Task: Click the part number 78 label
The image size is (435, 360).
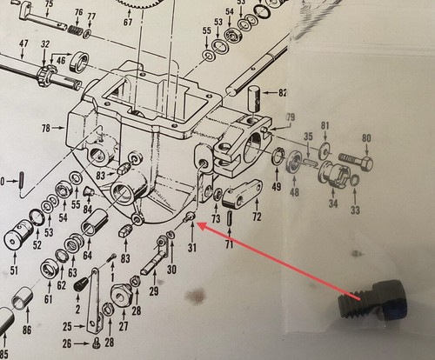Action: (x=46, y=128)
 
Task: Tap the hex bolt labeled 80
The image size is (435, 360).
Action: (x=356, y=163)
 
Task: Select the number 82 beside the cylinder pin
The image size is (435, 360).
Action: (x=283, y=93)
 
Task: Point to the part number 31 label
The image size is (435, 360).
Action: (x=192, y=248)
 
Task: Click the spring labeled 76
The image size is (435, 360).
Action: (x=76, y=30)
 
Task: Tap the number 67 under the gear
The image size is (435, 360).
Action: (x=128, y=23)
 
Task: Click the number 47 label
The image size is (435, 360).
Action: (x=23, y=44)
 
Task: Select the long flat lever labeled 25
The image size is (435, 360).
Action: (x=93, y=302)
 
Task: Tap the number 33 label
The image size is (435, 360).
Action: (x=355, y=210)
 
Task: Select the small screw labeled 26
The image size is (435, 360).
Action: (x=96, y=343)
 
